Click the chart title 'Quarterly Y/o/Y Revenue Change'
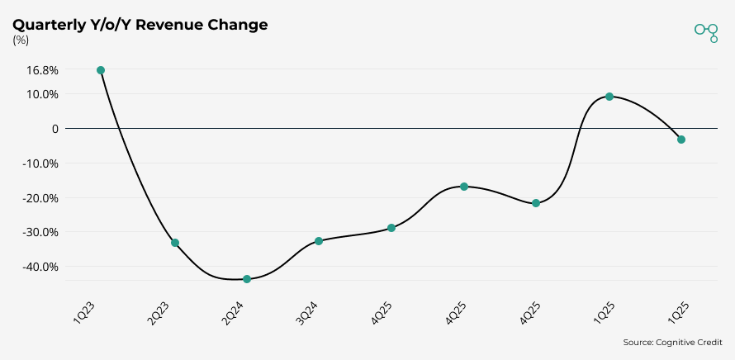pyautogui.click(x=140, y=25)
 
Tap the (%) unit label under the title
pyautogui.click(x=21, y=40)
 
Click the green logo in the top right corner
pyautogui.click(x=706, y=31)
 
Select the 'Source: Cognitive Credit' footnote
pyautogui.click(x=673, y=342)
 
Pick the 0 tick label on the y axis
pyautogui.click(x=55, y=129)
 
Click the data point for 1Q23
pyautogui.click(x=101, y=70)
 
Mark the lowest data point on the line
pyautogui.click(x=247, y=279)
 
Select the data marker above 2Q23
pyautogui.click(x=175, y=243)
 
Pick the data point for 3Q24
pyautogui.click(x=319, y=241)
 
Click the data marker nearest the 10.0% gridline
pyautogui.click(x=609, y=97)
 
